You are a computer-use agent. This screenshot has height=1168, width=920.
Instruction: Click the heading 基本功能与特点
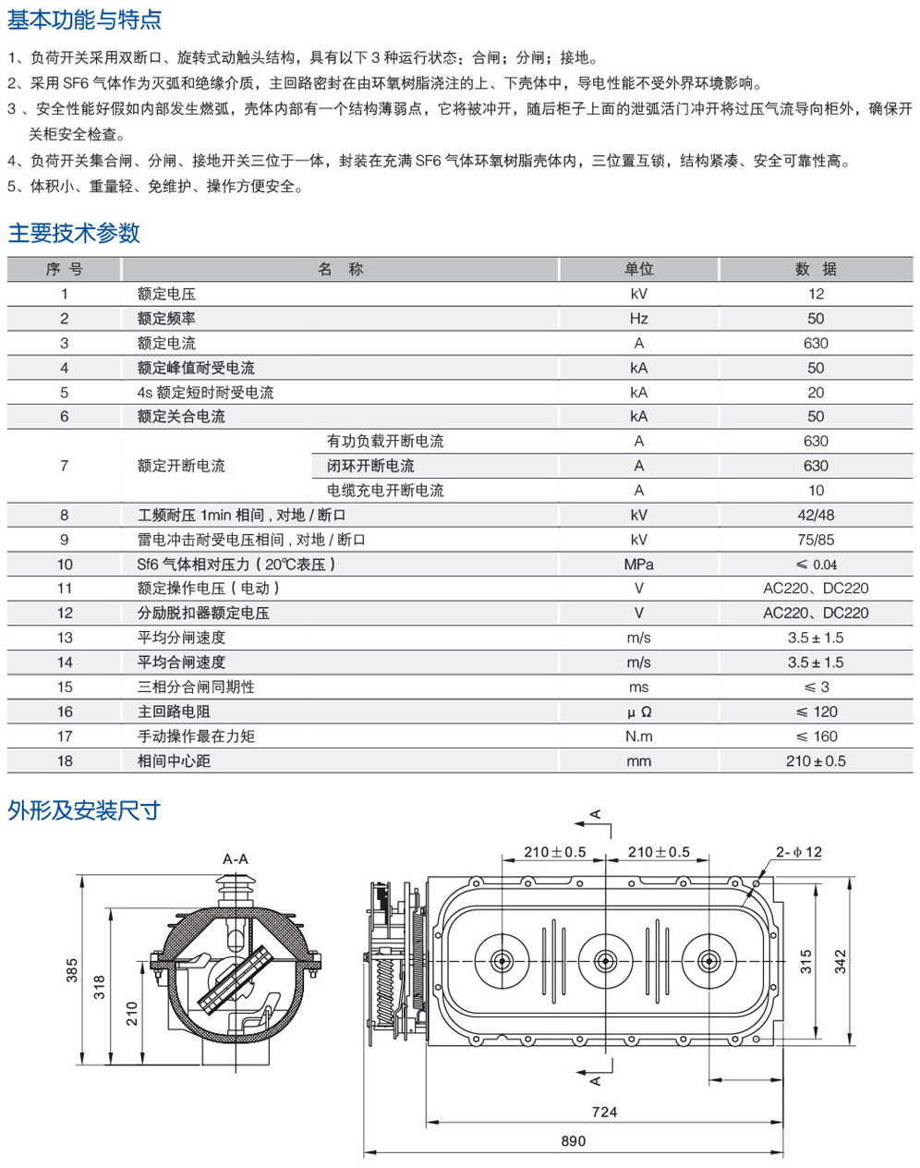coord(85,18)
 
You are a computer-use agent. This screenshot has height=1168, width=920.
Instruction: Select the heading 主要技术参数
coord(74,233)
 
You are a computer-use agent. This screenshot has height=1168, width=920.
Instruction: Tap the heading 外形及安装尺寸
coord(84,810)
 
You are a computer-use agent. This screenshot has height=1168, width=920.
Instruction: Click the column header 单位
coord(638,269)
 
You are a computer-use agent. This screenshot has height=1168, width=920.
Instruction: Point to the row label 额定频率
coord(166,319)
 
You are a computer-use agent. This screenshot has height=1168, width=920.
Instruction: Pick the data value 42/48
coord(816,516)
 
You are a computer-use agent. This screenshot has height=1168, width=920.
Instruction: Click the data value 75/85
coord(816,540)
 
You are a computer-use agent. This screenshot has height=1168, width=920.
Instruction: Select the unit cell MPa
coord(638,565)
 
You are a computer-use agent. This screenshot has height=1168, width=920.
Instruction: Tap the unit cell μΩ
coord(638,712)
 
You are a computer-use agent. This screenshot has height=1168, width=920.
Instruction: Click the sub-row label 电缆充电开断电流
coord(385,491)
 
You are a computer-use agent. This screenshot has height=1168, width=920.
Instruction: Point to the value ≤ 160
coord(816,736)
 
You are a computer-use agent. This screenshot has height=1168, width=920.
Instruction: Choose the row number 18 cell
coord(65,761)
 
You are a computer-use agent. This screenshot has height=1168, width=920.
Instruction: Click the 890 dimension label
coord(573,1141)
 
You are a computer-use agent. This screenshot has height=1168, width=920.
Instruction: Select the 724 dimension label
coord(604,1112)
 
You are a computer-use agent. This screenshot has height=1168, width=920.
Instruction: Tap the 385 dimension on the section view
coord(72,970)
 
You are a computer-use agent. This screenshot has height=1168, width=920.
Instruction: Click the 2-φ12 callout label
coord(798,852)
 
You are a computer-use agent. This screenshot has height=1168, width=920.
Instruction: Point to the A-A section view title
coord(236,858)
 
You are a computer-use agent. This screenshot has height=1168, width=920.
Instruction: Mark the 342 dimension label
coord(840,961)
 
